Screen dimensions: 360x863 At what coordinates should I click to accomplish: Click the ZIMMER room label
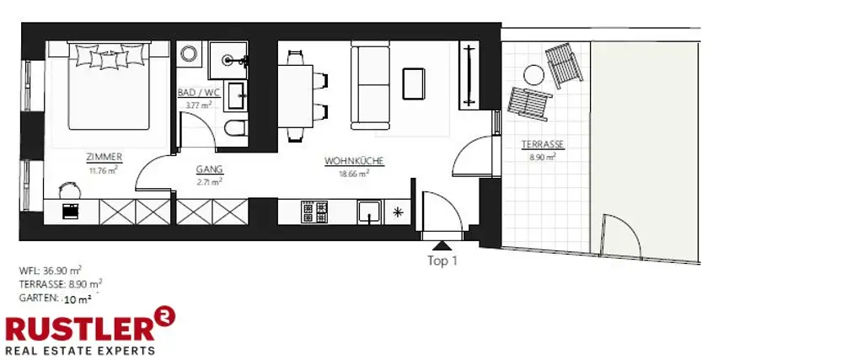point(105,156)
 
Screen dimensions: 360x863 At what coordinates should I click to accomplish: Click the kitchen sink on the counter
point(368,211)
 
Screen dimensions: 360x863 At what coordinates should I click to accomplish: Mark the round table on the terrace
point(533,75)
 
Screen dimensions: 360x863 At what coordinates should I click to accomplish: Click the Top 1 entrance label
point(442,261)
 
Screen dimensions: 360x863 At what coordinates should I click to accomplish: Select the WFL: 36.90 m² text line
point(51,271)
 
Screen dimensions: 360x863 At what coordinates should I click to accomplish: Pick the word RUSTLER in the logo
point(78,329)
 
